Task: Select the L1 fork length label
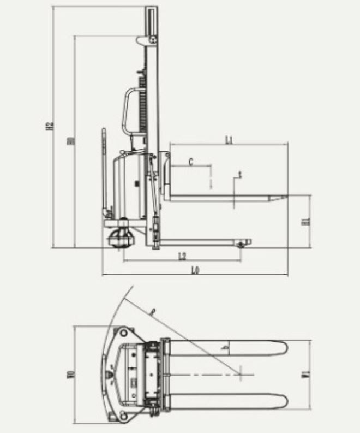pyautogui.click(x=229, y=140)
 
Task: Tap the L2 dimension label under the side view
pyautogui.click(x=182, y=256)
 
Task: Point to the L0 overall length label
pyautogui.click(x=195, y=270)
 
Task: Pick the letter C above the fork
pyautogui.click(x=190, y=162)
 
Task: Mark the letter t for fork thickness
pyautogui.click(x=239, y=175)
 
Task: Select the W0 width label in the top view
pyautogui.click(x=70, y=374)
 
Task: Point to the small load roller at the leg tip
pyautogui.click(x=241, y=243)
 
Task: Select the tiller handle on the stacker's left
pyautogui.click(x=103, y=164)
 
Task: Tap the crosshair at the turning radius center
pyautogui.click(x=241, y=374)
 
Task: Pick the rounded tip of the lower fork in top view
pyautogui.click(x=285, y=401)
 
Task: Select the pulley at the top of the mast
pyautogui.click(x=153, y=39)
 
